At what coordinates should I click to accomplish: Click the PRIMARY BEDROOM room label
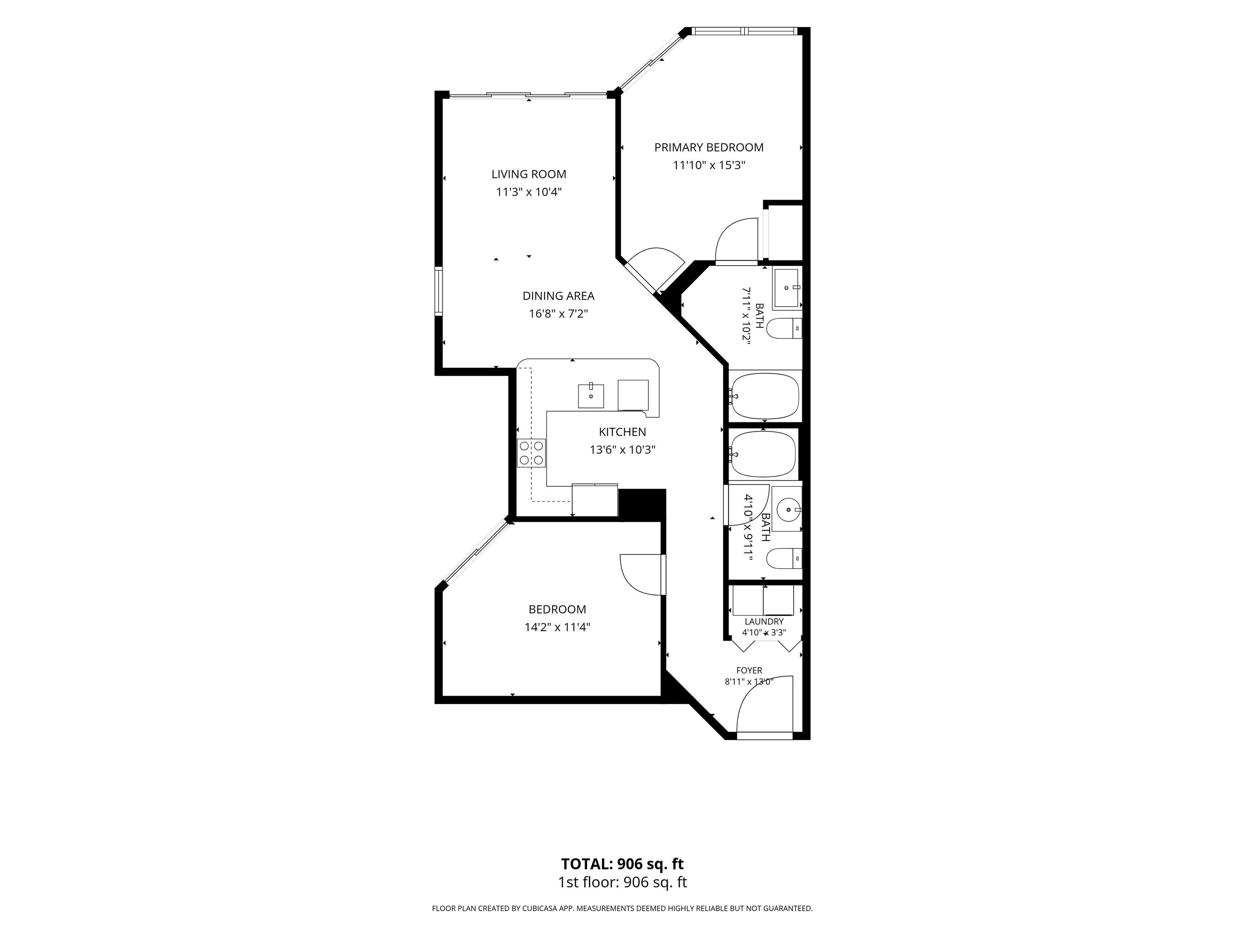point(708,148)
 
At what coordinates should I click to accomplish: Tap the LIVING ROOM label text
point(528,175)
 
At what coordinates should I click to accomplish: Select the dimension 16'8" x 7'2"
point(558,314)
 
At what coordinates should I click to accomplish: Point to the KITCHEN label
point(622,432)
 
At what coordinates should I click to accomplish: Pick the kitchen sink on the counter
point(591,396)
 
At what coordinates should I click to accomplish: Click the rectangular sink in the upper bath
point(786,288)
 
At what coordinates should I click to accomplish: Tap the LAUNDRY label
point(764,621)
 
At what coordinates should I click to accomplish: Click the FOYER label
point(749,671)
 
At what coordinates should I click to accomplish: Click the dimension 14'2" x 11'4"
point(557,627)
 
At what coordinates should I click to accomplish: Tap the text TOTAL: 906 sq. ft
point(622,863)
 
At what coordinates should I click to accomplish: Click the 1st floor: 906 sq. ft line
point(622,882)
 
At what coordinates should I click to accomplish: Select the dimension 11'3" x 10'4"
point(528,192)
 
